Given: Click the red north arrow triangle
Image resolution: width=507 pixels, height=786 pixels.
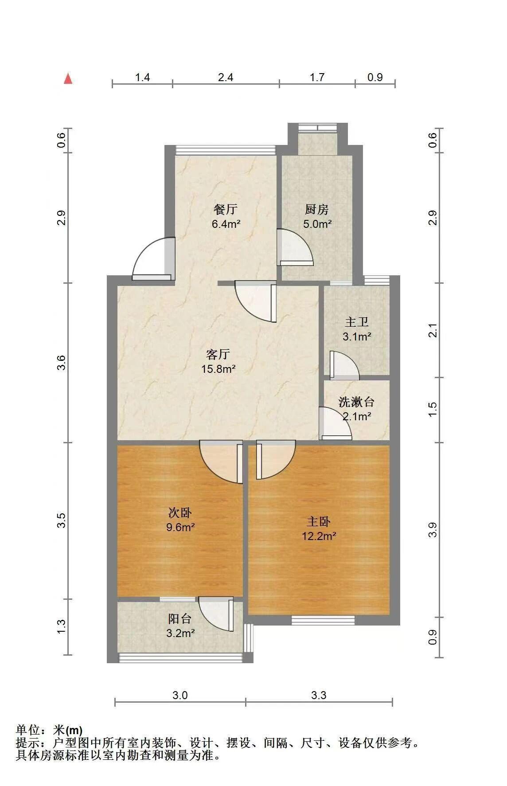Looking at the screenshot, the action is tap(68, 78).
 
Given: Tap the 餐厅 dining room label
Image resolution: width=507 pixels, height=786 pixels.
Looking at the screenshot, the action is tap(226, 209).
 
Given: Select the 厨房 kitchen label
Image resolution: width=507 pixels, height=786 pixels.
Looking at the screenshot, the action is tap(317, 209).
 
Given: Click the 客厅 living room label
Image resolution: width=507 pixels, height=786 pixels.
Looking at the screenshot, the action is tap(218, 354).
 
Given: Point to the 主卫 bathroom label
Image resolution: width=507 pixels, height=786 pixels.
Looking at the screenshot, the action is tap(357, 322).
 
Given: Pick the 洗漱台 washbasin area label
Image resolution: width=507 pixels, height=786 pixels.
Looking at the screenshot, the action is tap(356, 402).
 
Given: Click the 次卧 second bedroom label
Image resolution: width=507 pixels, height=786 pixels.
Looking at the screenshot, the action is tap(180, 513).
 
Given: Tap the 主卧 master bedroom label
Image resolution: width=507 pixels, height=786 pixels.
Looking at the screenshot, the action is tap(319, 522).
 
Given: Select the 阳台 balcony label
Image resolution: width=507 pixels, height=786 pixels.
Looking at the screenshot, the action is tap(180, 618).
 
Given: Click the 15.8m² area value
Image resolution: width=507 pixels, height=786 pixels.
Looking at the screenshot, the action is tap(218, 369).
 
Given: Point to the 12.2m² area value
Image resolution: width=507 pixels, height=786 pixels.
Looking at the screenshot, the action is tap(319, 536).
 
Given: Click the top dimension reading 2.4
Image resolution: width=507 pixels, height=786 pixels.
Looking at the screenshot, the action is tap(226, 78).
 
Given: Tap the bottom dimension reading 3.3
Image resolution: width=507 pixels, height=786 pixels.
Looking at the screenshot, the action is tap(319, 695).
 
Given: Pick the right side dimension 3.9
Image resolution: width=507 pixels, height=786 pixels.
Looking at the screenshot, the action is tap(433, 530).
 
